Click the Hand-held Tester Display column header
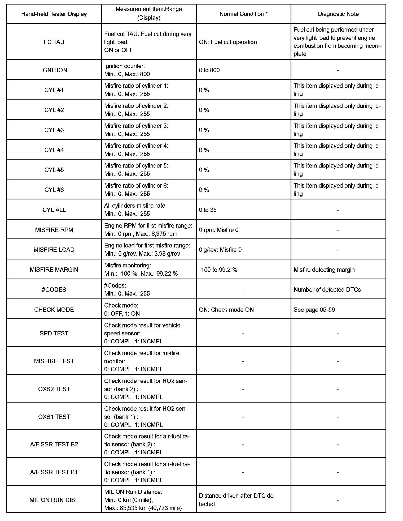pyautogui.click(x=54, y=14)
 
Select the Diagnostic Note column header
pyautogui.click(x=338, y=14)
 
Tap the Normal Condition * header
pyautogui.click(x=243, y=14)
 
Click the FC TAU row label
pyautogui.click(x=54, y=42)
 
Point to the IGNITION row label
pyautogui.click(x=54, y=70)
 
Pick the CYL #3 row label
pyautogui.click(x=54, y=130)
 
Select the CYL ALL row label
pyautogui.click(x=54, y=210)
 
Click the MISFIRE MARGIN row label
pyautogui.click(x=54, y=270)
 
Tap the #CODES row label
pyautogui.click(x=54, y=289)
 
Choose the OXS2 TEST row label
pyautogui.click(x=54, y=389)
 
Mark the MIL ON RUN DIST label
pyautogui.click(x=54, y=500)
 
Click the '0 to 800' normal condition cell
pyautogui.click(x=209, y=70)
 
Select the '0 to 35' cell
pyautogui.click(x=208, y=210)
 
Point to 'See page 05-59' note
pyautogui.click(x=314, y=310)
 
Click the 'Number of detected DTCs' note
pyautogui.click(x=327, y=290)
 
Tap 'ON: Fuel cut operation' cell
pyautogui.click(x=228, y=42)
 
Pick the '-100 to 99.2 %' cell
pyautogui.click(x=218, y=270)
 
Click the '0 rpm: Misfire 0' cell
pyautogui.click(x=219, y=230)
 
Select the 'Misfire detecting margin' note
pyautogui.click(x=324, y=270)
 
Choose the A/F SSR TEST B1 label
pyautogui.click(x=54, y=472)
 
